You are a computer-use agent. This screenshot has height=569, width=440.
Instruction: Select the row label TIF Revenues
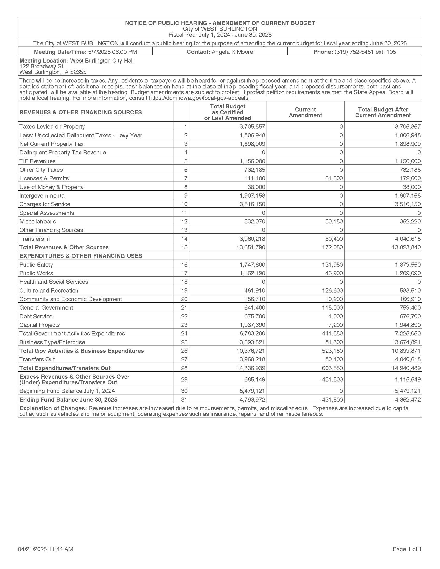click(38, 161)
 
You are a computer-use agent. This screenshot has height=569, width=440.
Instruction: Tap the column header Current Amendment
click(305, 112)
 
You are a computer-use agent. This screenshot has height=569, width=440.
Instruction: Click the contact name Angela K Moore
click(232, 52)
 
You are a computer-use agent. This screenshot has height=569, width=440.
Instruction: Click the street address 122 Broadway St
click(41, 66)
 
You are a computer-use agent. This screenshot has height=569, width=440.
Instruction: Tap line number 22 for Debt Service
click(184, 316)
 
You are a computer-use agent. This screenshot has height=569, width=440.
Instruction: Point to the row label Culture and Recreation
click(49, 290)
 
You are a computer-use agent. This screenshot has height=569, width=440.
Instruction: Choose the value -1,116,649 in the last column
click(407, 380)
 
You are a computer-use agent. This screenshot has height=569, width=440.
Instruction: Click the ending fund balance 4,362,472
click(408, 400)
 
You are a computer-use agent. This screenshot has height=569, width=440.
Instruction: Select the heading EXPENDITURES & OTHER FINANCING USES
click(81, 256)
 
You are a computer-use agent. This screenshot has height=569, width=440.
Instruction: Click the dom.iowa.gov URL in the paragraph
click(199, 98)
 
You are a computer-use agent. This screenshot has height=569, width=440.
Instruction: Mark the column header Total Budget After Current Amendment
click(383, 112)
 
